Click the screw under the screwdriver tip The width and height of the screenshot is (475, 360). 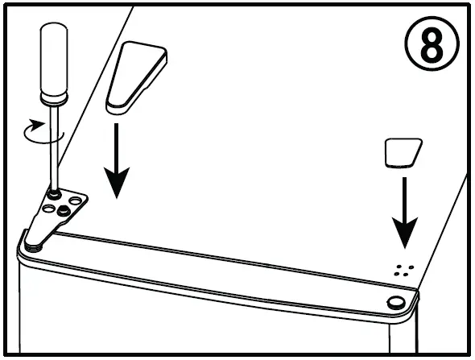53,194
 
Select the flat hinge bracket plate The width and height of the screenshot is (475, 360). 56,216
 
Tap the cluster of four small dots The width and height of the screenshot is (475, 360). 403,269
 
